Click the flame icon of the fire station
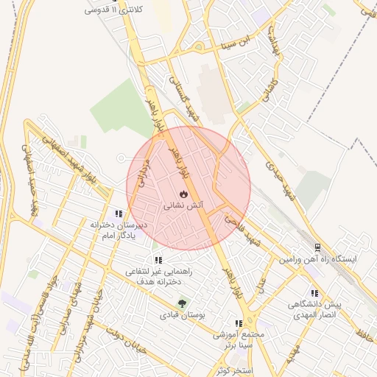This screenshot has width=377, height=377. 183,194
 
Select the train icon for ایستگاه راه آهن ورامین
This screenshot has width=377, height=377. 317,248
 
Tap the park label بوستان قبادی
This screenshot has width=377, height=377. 181,315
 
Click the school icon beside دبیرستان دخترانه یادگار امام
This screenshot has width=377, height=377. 119,212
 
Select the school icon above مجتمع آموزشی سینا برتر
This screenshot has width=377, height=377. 237,323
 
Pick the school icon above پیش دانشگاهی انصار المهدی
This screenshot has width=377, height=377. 315,292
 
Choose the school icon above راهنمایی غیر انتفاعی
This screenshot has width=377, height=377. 158,260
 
